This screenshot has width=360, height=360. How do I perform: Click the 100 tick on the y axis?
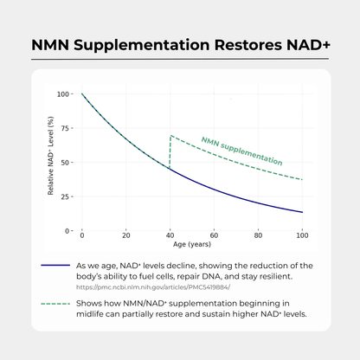point(63,93)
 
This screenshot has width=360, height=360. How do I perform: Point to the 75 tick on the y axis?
point(65,128)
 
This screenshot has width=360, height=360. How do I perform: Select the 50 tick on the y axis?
point(65,163)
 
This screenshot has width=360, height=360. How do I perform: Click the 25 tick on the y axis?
point(65,196)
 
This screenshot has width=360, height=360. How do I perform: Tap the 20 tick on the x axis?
point(126,236)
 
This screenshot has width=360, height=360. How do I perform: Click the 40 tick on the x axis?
point(170,236)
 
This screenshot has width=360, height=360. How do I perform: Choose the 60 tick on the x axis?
point(214,236)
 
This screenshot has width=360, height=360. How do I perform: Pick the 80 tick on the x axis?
point(258,236)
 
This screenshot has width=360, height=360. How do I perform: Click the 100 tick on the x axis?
point(301,236)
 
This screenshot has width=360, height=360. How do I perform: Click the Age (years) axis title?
point(191,245)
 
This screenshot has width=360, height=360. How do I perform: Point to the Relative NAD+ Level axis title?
point(51,163)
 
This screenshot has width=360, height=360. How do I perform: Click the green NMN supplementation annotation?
point(241,151)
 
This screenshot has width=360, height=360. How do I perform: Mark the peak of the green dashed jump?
point(170,136)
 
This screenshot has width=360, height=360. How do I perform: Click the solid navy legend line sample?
point(55,267)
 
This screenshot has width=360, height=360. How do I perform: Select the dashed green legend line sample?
point(55,305)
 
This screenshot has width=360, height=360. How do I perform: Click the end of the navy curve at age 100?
point(301,212)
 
